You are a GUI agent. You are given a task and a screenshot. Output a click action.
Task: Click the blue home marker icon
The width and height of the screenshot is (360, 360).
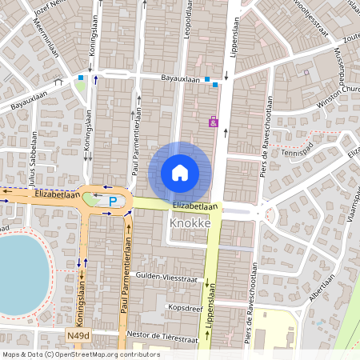tap(180, 173)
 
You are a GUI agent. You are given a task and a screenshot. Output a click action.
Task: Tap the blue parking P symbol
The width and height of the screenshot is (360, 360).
tap(113, 201)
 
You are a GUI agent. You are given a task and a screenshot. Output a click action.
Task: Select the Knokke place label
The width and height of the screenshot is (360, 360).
tap(190, 222)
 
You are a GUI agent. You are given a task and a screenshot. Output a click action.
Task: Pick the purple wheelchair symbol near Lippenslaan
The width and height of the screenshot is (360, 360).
tap(213, 122)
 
